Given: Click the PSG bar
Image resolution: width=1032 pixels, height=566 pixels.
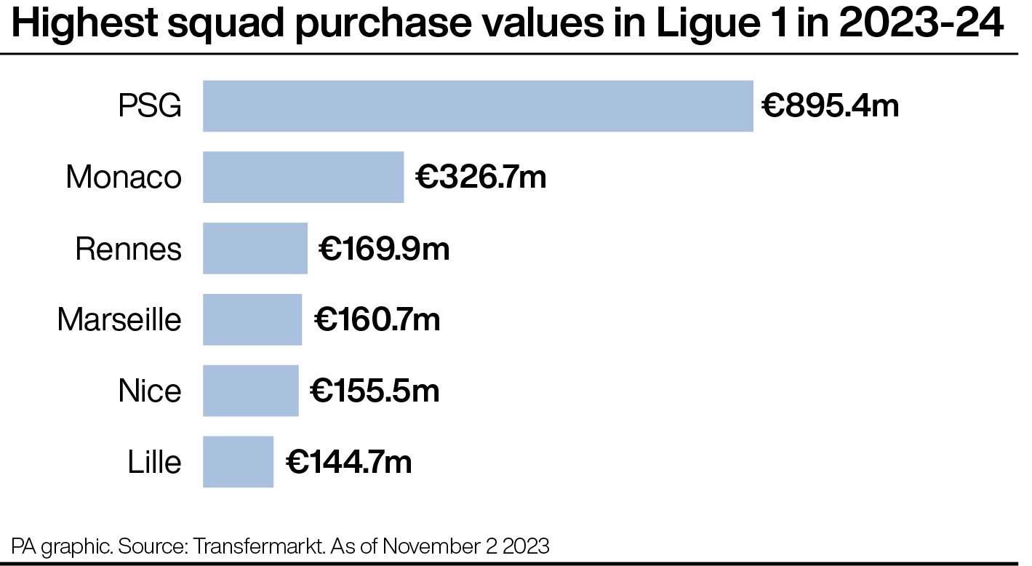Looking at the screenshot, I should [x=478, y=106].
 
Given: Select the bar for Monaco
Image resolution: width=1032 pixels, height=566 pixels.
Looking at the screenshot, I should [x=303, y=177].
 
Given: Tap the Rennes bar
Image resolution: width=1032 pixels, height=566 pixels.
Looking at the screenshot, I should [x=255, y=249].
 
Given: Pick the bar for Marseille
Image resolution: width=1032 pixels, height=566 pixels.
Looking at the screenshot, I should [x=252, y=319].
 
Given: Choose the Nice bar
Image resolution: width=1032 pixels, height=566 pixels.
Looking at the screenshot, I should [x=251, y=391].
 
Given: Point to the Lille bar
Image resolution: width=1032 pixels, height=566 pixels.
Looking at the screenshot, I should [x=239, y=462].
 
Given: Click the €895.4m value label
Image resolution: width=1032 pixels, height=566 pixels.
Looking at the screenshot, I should [x=831, y=106].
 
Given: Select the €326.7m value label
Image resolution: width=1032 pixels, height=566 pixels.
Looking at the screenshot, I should [x=481, y=177].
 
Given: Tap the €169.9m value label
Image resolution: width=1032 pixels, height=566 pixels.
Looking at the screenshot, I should [x=384, y=249].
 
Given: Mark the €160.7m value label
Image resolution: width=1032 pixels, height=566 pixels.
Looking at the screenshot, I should [x=377, y=319].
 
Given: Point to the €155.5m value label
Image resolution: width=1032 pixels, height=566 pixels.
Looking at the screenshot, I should [x=375, y=391].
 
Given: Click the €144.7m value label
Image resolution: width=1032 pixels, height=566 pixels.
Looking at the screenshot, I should [x=349, y=462].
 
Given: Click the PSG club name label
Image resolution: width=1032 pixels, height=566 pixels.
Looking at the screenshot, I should [x=150, y=106].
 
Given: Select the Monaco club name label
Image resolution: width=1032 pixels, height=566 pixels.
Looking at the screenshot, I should [x=124, y=177].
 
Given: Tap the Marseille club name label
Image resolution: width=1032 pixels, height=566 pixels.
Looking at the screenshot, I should [x=119, y=319].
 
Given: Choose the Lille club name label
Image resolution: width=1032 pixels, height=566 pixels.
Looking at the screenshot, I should [x=154, y=462].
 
